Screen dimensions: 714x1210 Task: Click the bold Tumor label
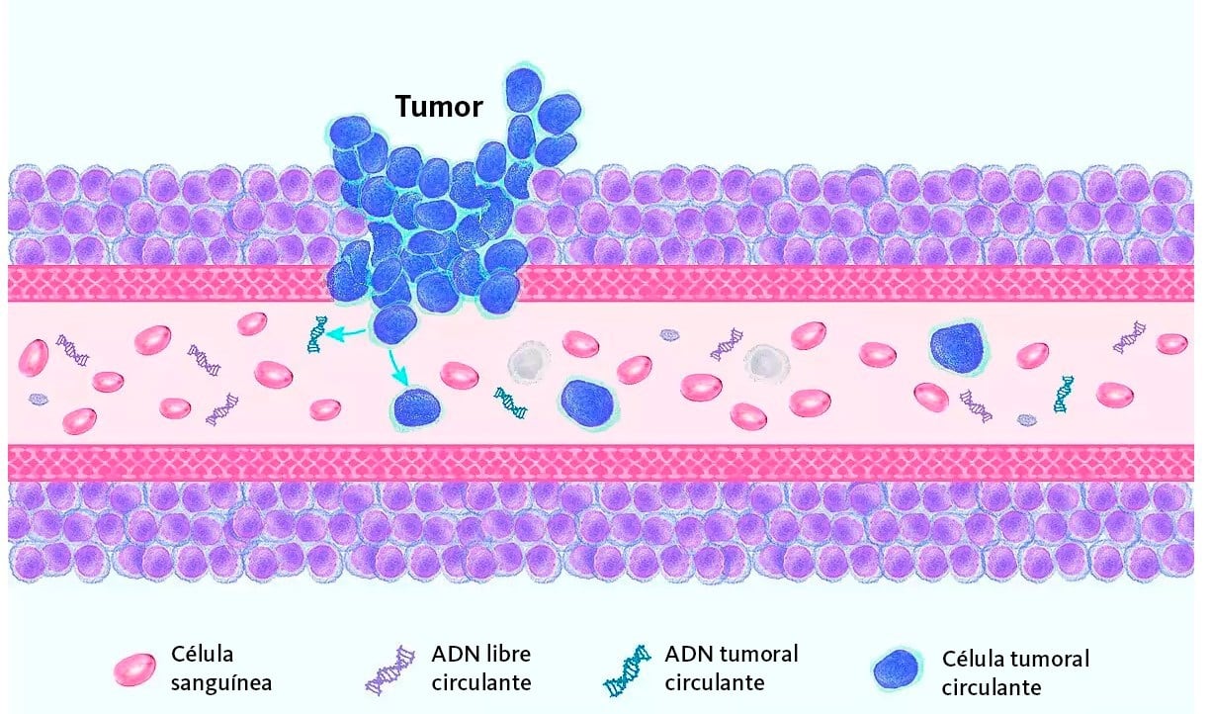point(439,106)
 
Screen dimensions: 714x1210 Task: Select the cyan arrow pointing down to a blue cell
point(397,367)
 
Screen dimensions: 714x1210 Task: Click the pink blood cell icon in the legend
point(134,669)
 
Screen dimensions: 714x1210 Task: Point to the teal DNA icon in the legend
point(628,670)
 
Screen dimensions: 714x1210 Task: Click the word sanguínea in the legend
point(221,682)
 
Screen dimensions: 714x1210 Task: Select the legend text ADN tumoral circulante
point(732,668)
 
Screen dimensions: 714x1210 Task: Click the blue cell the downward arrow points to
point(417,407)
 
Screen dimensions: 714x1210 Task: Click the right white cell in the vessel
point(768,362)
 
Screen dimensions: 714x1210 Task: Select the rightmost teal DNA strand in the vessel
point(1064,393)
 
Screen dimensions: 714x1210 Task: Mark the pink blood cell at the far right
point(1172,343)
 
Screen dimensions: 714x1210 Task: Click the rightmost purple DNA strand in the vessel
point(1130,336)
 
